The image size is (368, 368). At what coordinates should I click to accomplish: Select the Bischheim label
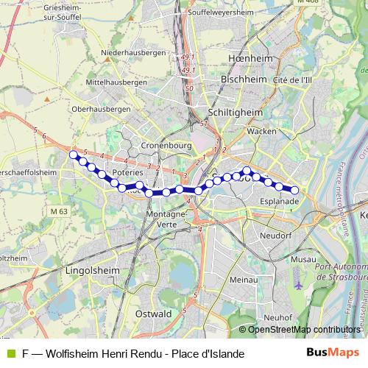pos(242,77)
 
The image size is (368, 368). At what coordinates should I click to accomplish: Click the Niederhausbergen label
pos(133,52)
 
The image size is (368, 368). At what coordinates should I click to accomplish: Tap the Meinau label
pos(242,280)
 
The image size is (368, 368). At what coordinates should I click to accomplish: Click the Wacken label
pos(261,130)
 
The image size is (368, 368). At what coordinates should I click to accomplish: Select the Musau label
pos(303,260)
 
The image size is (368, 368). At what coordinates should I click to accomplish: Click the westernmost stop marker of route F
pos(74,155)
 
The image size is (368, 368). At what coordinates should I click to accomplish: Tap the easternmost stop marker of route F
pos(294,191)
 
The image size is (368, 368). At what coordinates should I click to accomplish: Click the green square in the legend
pos(9,354)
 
